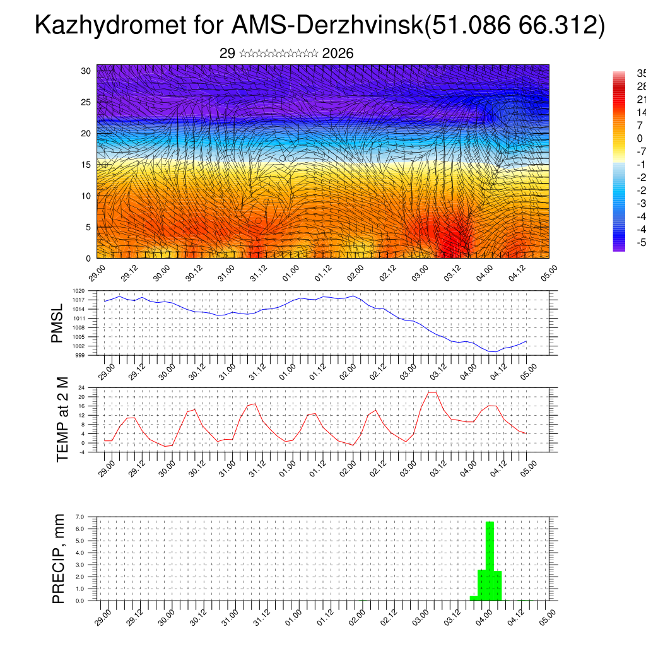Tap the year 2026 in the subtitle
(338, 54)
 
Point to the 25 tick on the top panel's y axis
(87, 102)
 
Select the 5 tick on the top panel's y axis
(90, 227)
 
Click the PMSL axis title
(57, 323)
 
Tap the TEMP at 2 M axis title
(62, 419)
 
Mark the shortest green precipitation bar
(474, 598)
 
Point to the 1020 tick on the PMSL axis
(79, 291)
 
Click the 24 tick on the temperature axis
(81, 387)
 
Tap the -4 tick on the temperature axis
(81, 452)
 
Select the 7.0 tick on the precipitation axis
(80, 517)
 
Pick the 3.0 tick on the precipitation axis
(80, 565)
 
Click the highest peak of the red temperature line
(432, 392)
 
